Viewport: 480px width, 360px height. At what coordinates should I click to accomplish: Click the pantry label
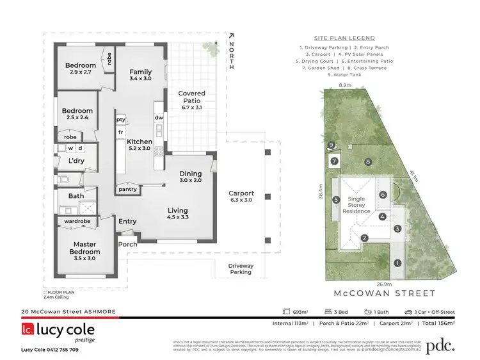128,189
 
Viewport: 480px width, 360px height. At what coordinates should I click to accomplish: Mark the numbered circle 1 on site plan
397,263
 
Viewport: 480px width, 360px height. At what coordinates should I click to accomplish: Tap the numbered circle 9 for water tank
331,145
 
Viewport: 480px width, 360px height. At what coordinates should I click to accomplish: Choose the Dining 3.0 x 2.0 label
190,177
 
